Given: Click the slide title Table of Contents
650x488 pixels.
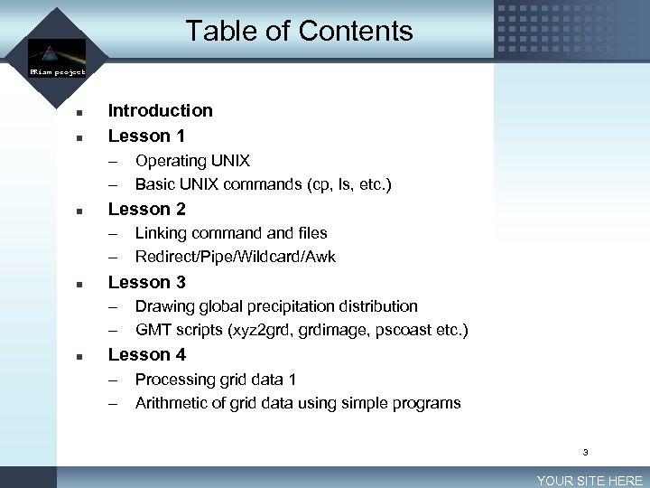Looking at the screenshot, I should pos(299,32).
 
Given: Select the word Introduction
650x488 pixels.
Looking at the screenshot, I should pos(161,111).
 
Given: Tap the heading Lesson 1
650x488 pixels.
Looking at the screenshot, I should pos(146,136).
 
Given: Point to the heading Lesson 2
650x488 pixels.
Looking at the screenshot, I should pos(146,209).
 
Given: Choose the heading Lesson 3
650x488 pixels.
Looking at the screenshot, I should pos(146,282).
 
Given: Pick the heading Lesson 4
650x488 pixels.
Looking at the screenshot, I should pos(146,355).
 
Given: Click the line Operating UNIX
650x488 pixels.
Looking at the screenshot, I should pos(192,161).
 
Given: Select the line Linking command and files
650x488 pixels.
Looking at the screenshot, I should pos(231,233).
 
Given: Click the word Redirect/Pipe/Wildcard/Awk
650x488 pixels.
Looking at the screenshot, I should pos(235,257).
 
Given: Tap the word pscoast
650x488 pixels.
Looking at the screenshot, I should pos(398,330).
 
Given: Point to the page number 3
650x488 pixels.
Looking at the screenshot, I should pos(585,452).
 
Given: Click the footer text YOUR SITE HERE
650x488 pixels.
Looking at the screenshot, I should pos(589,481).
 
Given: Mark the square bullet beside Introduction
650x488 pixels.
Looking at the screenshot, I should pos(79,114).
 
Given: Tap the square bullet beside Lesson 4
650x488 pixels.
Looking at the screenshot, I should pos(79,358).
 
